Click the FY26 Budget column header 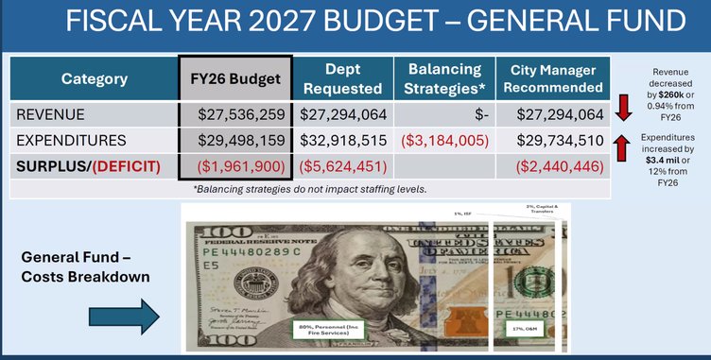pyautogui.click(x=235, y=79)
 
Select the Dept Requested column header pyautogui.click(x=342, y=79)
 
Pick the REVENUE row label pyautogui.click(x=49, y=115)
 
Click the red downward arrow pyautogui.click(x=623, y=108)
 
